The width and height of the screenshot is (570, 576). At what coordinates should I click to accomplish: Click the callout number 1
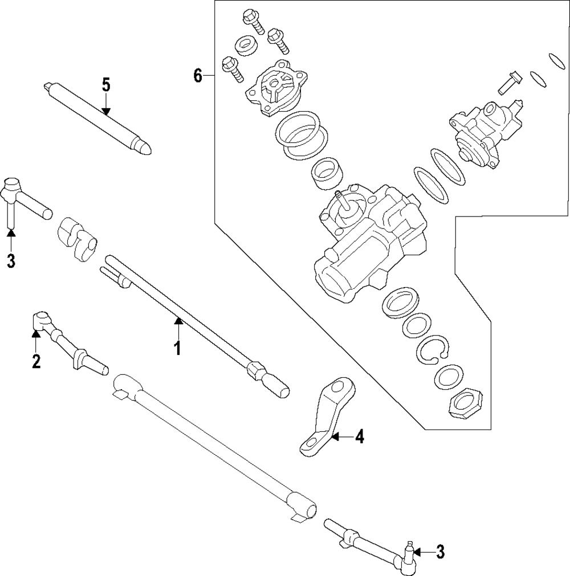pos(177,347)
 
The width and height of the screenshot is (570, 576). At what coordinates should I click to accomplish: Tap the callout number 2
pos(36,361)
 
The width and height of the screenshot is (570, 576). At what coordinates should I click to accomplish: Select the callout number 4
pos(359,437)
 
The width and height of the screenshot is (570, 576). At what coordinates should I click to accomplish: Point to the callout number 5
pos(106,85)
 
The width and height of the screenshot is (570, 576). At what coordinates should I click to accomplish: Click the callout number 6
pos(198,75)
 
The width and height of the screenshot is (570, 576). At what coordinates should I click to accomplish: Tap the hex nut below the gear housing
pos(466,403)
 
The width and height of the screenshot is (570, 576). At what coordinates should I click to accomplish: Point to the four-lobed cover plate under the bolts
pos(275,88)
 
